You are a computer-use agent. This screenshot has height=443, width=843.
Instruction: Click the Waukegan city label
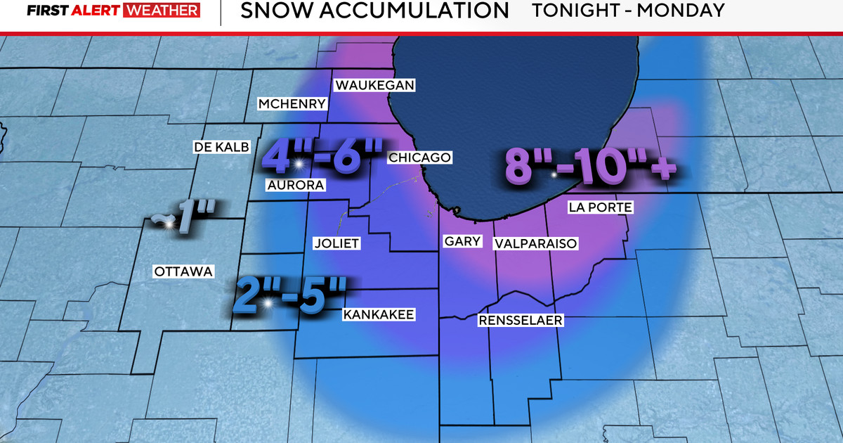click(x=375, y=85)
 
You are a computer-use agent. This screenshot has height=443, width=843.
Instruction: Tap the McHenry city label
click(x=292, y=104)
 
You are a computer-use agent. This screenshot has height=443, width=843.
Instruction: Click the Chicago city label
click(x=419, y=158)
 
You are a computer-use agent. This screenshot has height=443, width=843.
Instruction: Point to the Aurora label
click(x=295, y=185)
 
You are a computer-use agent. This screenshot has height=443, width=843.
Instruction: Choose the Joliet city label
click(x=336, y=243)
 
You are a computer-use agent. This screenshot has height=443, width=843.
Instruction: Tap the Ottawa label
click(x=183, y=271)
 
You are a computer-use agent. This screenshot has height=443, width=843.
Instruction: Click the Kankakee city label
click(x=379, y=314)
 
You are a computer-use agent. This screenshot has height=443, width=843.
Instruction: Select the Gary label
click(x=463, y=241)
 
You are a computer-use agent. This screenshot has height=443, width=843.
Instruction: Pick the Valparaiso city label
click(x=535, y=243)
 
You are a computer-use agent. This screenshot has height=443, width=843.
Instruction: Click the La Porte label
click(x=601, y=207)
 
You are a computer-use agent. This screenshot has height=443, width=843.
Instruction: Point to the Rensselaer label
click(x=521, y=321)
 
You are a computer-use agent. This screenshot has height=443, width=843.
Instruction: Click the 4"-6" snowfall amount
click(x=322, y=155)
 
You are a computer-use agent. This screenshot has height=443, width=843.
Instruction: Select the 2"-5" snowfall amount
click(x=290, y=295)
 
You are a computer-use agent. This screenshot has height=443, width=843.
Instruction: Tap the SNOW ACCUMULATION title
click(x=374, y=11)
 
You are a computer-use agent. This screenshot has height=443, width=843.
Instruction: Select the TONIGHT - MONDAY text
click(x=627, y=11)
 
